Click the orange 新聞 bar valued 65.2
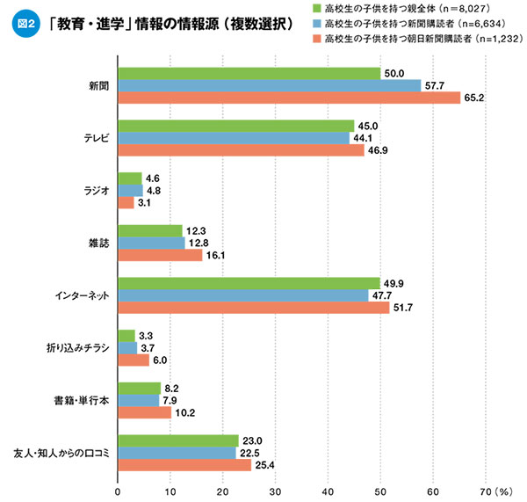pos(289,98)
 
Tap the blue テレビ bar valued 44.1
pos(234,138)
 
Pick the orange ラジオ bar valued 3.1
pos(126,203)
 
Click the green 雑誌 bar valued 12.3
pos(150,230)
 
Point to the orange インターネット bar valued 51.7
pos(254,308)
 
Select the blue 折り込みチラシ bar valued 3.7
pos(127,348)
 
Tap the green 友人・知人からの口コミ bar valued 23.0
pos(178,440)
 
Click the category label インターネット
pos(82,295)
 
